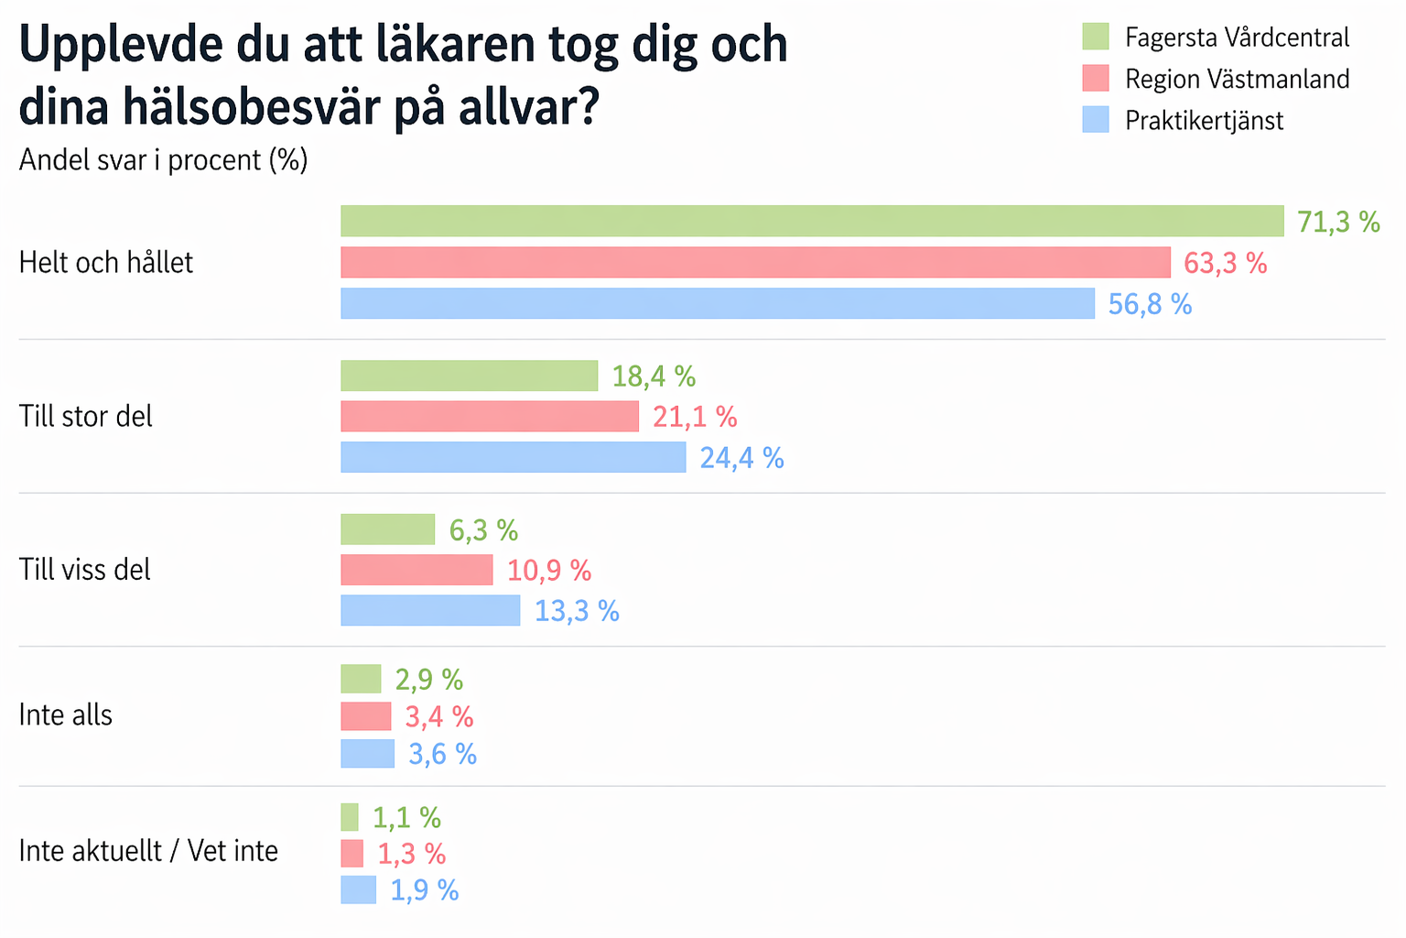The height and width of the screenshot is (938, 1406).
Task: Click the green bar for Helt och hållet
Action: click(812, 221)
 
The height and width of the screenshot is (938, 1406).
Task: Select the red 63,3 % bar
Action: click(755, 262)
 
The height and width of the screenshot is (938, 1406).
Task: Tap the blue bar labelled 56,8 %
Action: click(718, 303)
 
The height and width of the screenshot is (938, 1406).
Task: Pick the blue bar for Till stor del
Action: click(513, 457)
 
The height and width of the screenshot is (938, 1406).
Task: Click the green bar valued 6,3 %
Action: click(387, 529)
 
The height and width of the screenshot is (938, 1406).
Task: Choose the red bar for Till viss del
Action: click(416, 570)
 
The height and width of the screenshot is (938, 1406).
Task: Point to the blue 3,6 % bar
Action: click(367, 754)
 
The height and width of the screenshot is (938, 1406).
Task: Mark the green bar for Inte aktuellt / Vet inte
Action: click(350, 817)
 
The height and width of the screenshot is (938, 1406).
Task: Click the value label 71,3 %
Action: click(1338, 222)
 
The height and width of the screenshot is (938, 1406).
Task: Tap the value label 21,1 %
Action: click(695, 417)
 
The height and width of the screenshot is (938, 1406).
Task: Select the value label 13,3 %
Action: click(577, 611)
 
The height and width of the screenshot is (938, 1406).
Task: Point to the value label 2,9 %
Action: click(428, 680)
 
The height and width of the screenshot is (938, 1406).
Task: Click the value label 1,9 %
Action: click(425, 890)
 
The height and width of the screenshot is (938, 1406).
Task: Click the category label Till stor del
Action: click(86, 417)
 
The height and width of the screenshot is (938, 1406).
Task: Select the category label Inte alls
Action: click(66, 715)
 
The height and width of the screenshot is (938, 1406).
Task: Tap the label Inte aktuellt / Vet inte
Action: click(148, 851)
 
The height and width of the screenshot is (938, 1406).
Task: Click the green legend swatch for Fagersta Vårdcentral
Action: click(1096, 37)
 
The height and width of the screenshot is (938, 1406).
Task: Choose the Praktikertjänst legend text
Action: click(1204, 121)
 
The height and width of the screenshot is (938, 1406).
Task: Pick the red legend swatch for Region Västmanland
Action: click(1096, 79)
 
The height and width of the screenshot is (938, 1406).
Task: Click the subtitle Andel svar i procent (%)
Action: click(163, 160)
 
